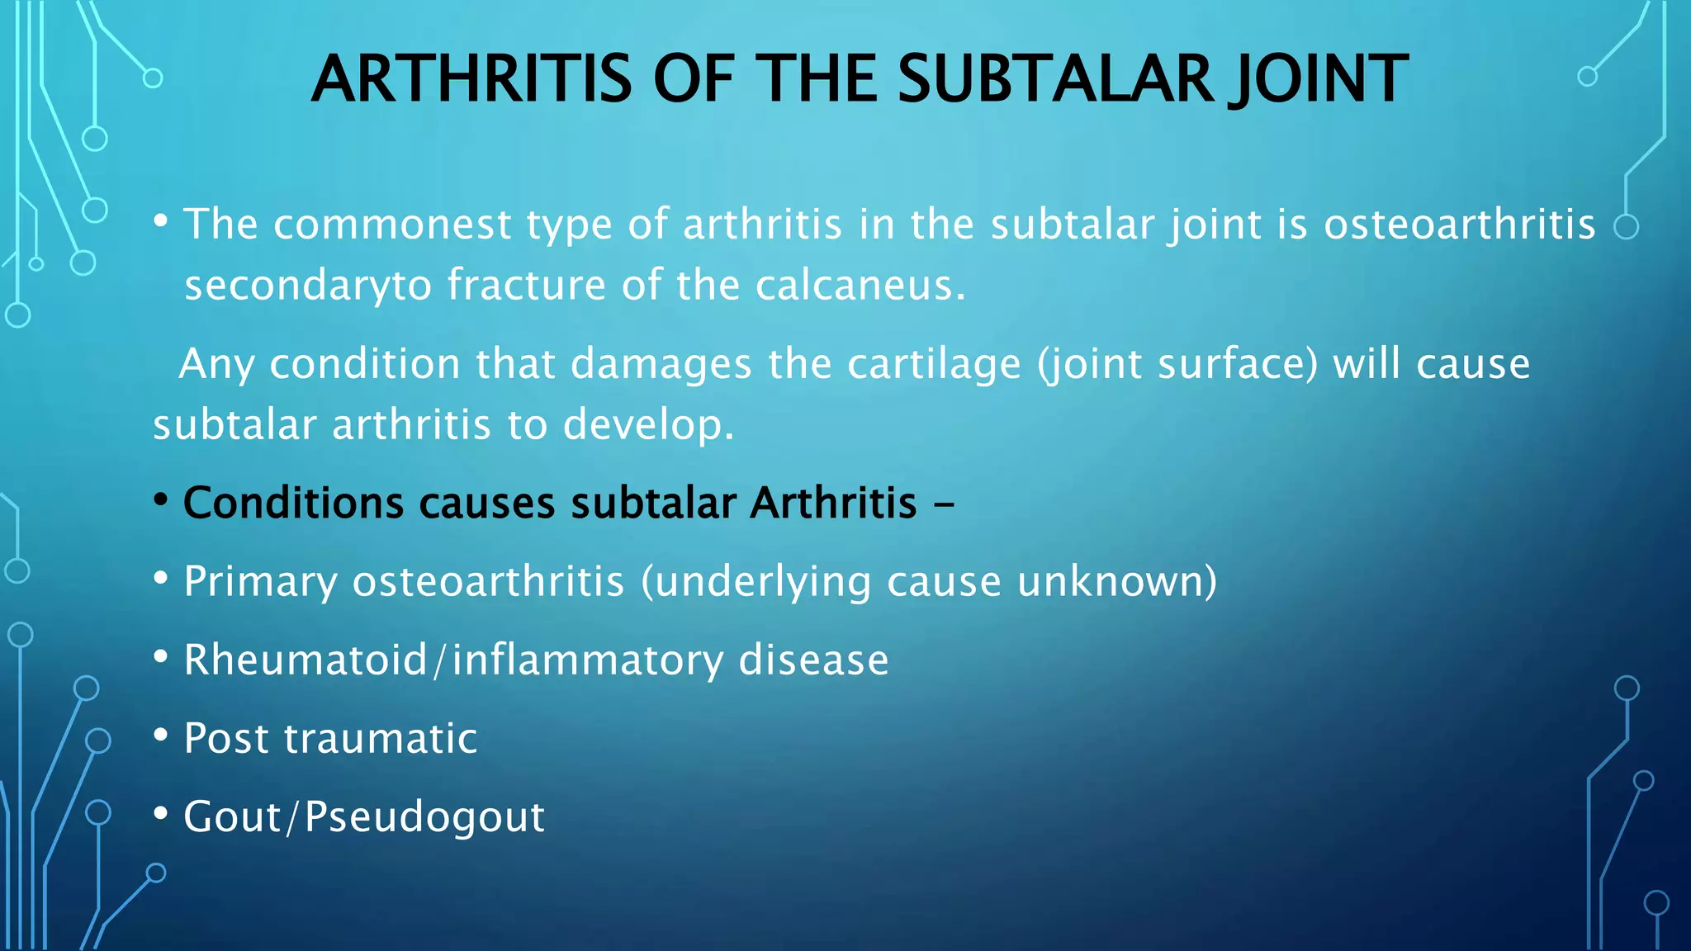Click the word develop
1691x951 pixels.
click(x=647, y=425)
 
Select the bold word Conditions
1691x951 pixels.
click(x=293, y=503)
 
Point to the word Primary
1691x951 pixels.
click(x=260, y=581)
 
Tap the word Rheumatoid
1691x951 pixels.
click(x=305, y=660)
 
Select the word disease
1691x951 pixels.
click(x=813, y=660)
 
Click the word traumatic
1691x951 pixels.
click(x=381, y=738)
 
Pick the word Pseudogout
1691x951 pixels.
click(x=424, y=817)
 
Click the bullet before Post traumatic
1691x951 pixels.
click(x=161, y=734)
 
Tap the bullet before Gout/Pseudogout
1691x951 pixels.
click(x=161, y=812)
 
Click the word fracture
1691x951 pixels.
click(x=527, y=286)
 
